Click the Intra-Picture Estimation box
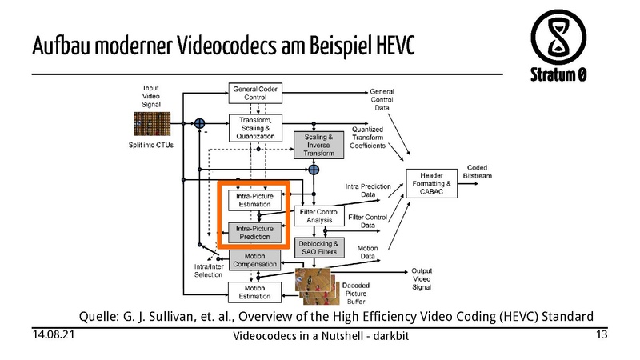click(x=256, y=199)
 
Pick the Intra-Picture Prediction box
click(x=256, y=233)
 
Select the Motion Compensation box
click(x=254, y=259)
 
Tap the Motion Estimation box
click(x=254, y=292)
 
